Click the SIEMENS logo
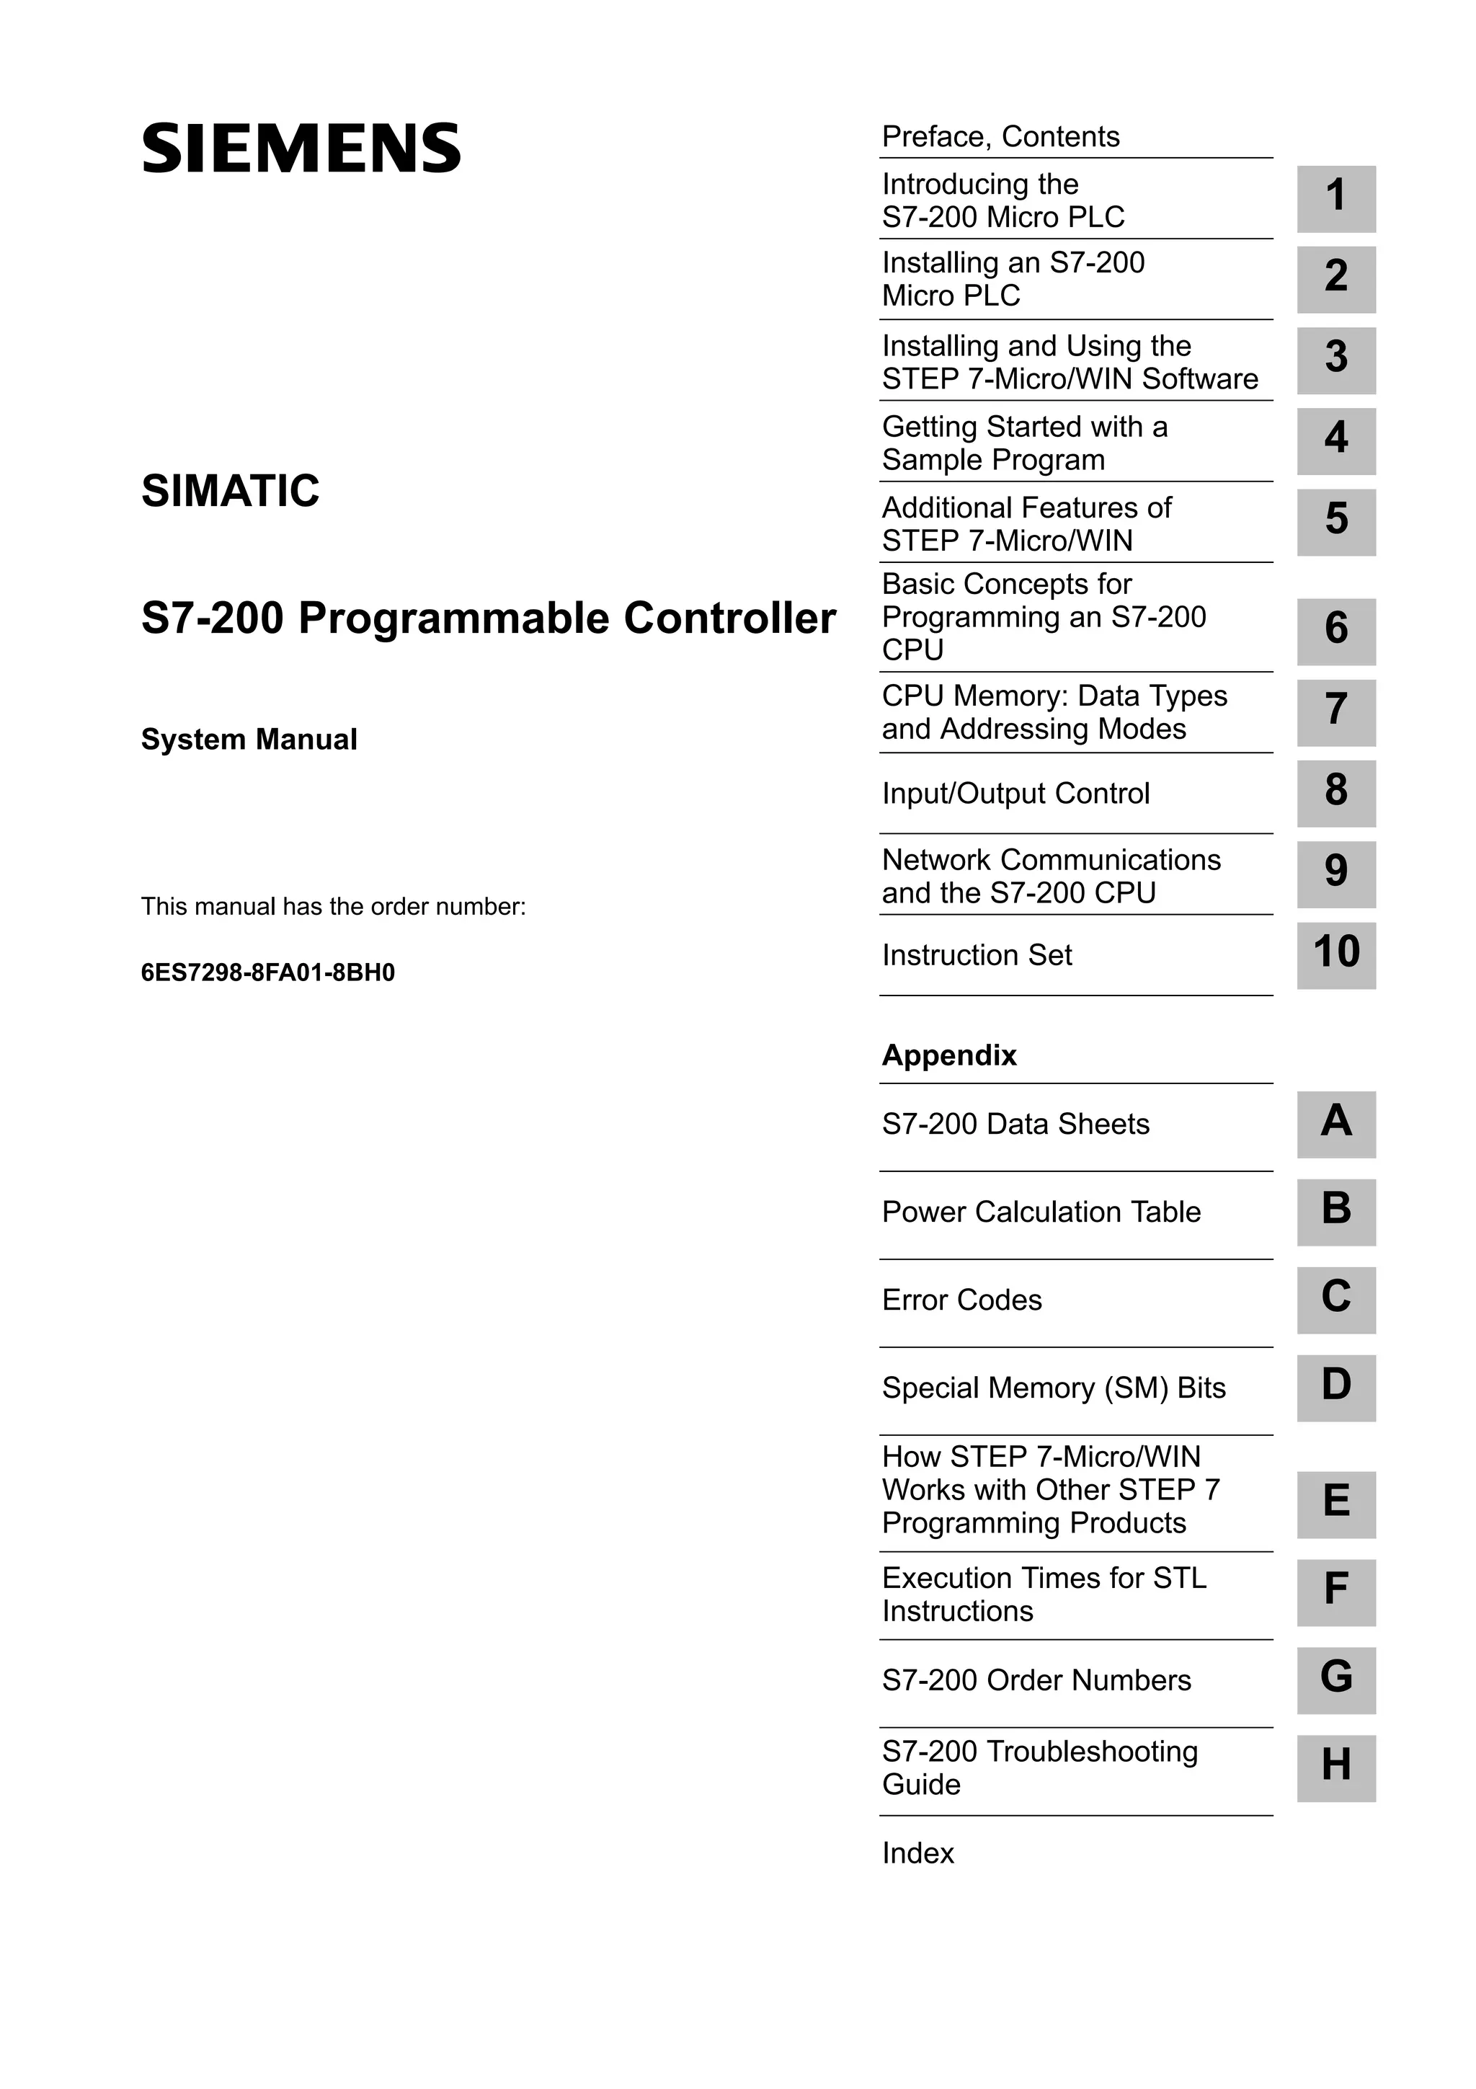[301, 149]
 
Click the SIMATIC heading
[230, 492]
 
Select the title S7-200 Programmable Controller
[489, 618]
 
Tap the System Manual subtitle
[249, 740]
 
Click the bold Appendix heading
[949, 1055]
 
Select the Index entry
[918, 1853]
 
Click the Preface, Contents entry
[1000, 136]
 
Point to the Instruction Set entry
[977, 955]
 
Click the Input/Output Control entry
[1015, 794]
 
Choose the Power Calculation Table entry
[1041, 1212]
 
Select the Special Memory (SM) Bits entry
[1054, 1388]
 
